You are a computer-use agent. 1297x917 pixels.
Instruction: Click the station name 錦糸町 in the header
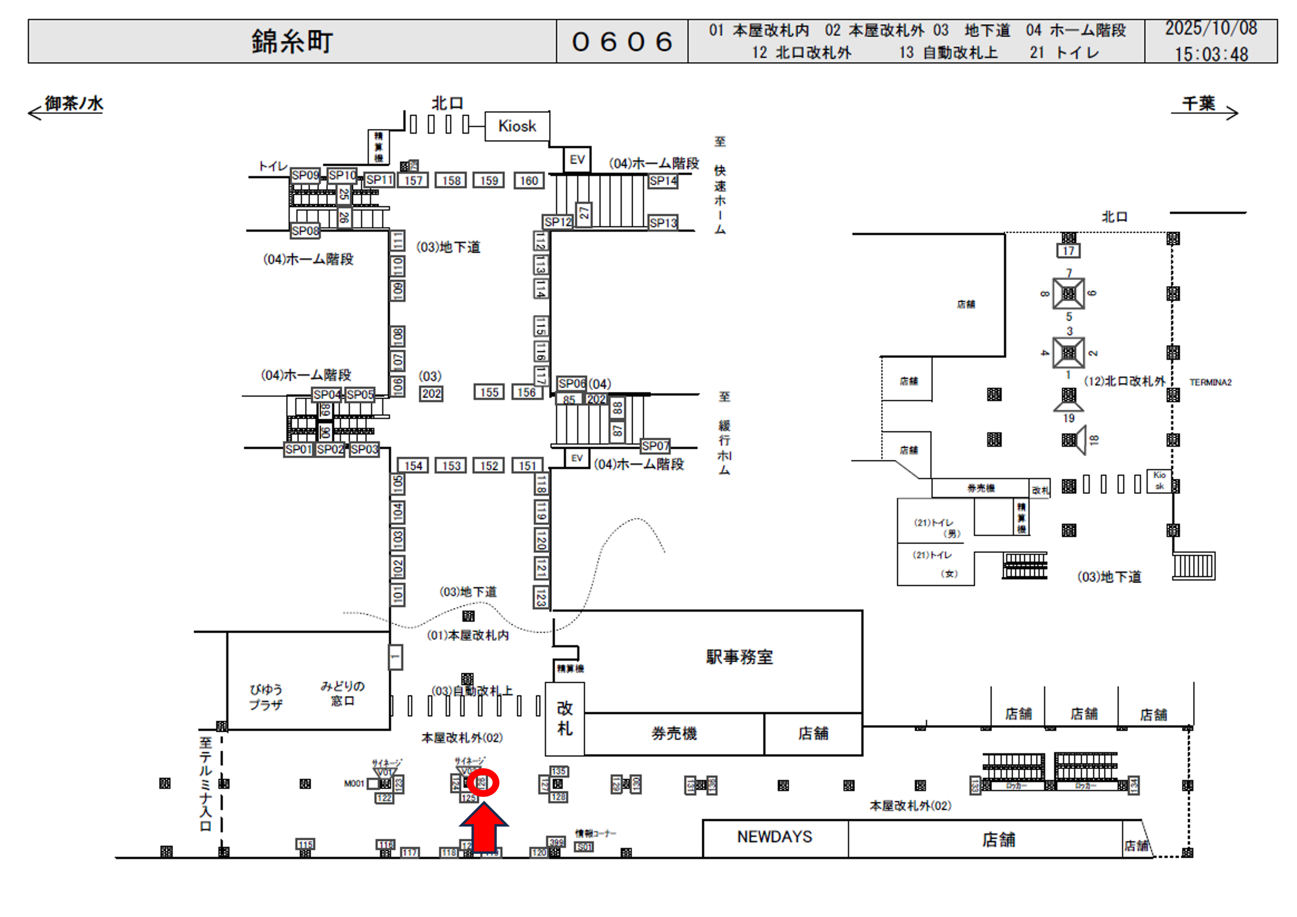click(292, 42)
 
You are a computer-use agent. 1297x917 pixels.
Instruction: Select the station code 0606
click(622, 42)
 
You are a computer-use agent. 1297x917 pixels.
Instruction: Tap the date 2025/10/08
click(1210, 28)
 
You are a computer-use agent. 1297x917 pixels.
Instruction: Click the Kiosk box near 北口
click(517, 126)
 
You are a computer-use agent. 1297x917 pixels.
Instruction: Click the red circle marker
click(483, 783)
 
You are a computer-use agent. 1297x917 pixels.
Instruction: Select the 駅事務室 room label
click(739, 657)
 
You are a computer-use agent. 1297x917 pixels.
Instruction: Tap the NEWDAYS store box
click(775, 837)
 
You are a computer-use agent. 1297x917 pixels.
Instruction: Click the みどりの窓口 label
click(342, 693)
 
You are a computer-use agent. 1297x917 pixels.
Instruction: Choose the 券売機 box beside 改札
click(674, 734)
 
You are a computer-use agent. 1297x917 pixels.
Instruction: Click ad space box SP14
click(663, 181)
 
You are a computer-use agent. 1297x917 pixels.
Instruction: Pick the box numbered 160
click(529, 181)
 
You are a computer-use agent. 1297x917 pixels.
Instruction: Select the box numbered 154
click(413, 466)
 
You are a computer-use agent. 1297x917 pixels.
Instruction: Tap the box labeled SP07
click(655, 446)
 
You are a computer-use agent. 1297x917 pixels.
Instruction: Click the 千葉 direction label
click(1198, 104)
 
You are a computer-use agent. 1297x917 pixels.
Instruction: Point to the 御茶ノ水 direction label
click(74, 104)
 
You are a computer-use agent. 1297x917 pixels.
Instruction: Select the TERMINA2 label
click(1210, 382)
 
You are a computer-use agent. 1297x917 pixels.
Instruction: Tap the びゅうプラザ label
click(266, 697)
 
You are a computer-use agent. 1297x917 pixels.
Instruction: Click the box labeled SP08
click(305, 230)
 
